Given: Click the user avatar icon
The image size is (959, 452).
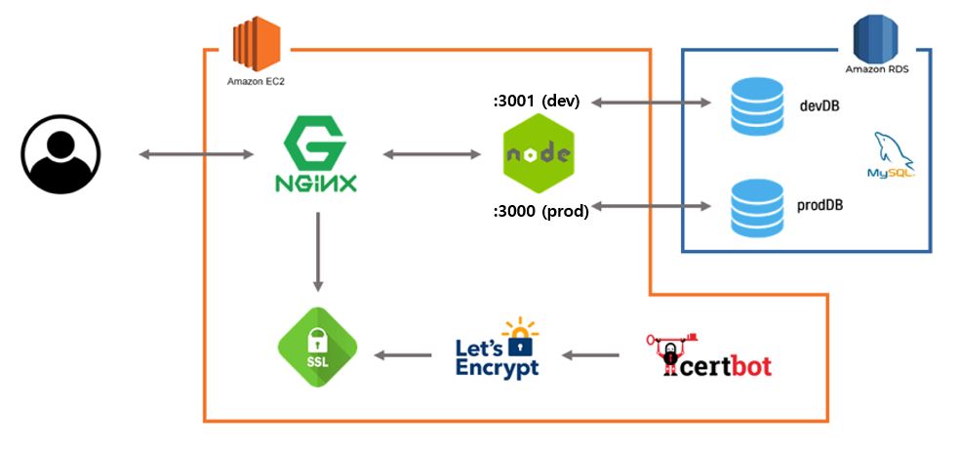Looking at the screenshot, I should (60, 153).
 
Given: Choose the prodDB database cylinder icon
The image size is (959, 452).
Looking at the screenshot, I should (757, 207).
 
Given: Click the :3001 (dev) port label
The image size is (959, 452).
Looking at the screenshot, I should (536, 101).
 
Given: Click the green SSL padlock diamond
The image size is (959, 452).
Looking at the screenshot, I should (317, 348).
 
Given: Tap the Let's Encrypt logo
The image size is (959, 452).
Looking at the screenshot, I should (498, 349).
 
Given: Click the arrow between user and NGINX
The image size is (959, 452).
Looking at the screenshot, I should (196, 154).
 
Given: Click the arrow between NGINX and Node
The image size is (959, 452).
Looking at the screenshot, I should (432, 154).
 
